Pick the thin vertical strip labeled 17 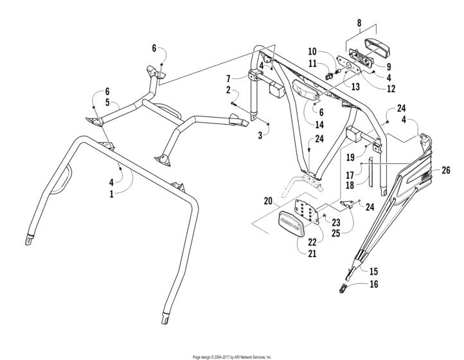click(370, 172)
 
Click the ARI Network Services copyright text click(232, 356)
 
